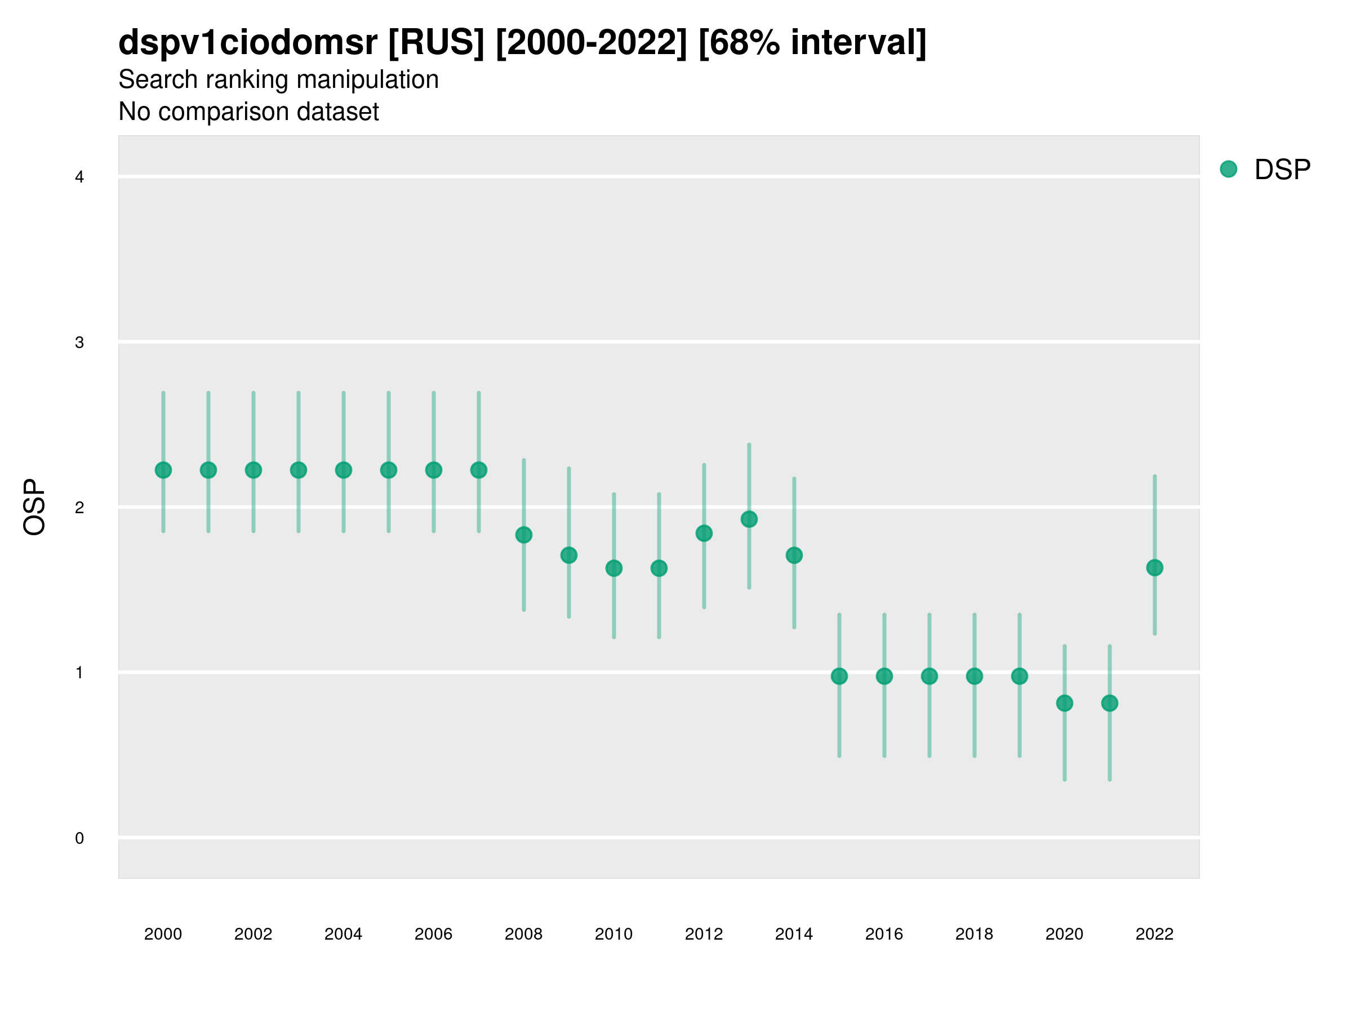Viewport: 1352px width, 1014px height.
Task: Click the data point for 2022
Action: click(1155, 568)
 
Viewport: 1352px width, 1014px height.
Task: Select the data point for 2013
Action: click(749, 519)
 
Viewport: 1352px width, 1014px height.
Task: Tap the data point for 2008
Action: click(524, 535)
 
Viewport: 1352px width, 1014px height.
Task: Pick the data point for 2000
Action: click(163, 470)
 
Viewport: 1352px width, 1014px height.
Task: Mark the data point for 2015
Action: click(839, 676)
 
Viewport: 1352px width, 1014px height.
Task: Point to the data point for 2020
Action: click(1064, 704)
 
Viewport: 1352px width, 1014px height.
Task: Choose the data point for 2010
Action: click(613, 568)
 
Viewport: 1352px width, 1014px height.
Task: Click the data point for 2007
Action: click(479, 470)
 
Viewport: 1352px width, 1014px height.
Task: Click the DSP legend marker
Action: click(1228, 170)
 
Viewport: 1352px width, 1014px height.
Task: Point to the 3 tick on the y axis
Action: click(79, 343)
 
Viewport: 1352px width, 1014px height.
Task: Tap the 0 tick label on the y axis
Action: click(79, 838)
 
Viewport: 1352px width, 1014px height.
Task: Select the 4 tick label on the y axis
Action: click(79, 177)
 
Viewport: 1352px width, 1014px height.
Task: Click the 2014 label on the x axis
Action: click(794, 934)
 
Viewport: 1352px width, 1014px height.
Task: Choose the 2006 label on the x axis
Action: click(433, 934)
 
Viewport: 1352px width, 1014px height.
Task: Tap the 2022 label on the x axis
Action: click(1155, 934)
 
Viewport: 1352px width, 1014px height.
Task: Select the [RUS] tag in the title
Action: click(437, 43)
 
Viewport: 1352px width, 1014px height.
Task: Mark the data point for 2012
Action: click(704, 533)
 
